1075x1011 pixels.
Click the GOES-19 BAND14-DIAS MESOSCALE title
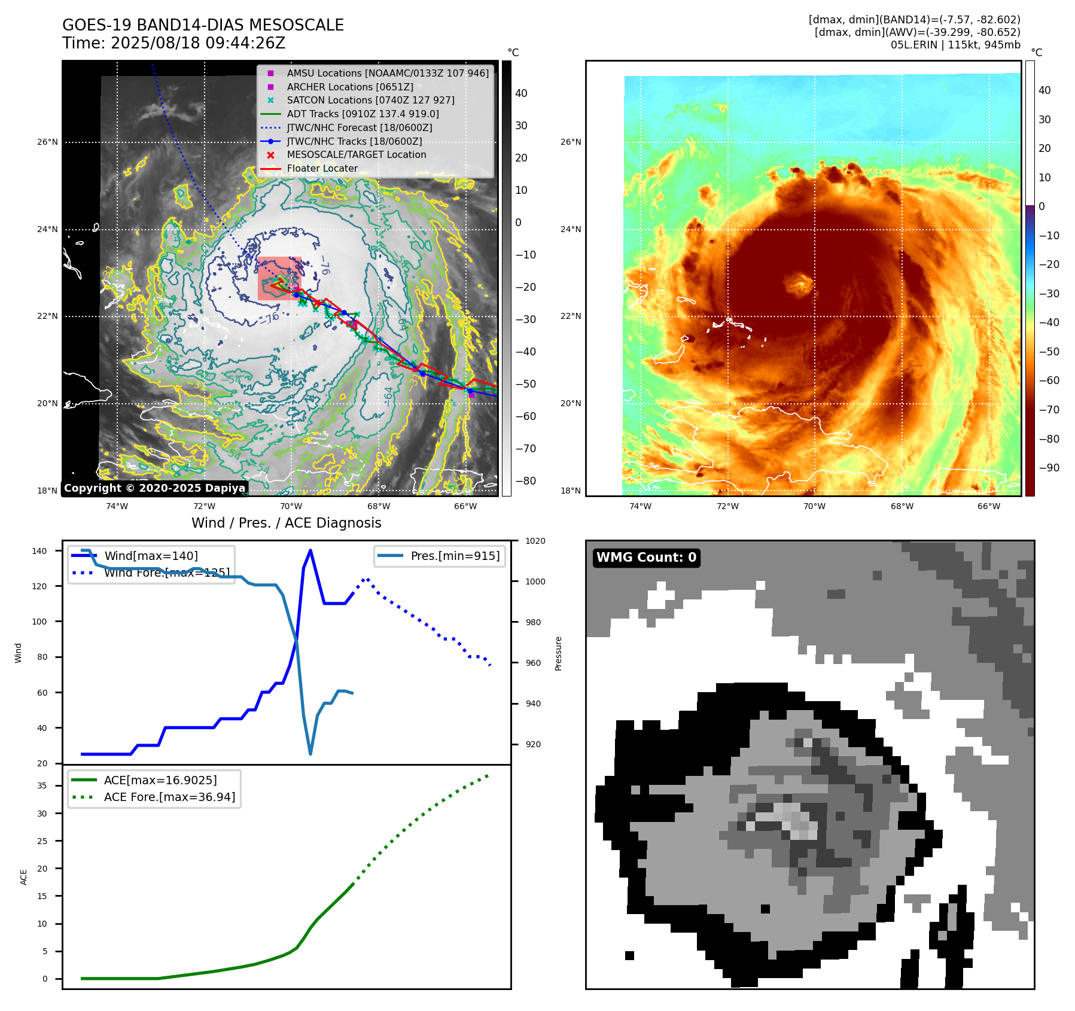tap(203, 25)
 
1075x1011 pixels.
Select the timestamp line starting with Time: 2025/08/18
tap(173, 43)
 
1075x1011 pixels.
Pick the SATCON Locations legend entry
tap(370, 100)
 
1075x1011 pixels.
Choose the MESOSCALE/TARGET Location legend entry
tap(356, 154)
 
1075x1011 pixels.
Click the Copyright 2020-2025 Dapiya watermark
tap(154, 488)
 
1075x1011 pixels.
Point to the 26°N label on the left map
tap(48, 142)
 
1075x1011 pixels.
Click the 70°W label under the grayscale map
tap(291, 506)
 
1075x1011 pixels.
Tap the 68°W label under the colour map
tap(902, 506)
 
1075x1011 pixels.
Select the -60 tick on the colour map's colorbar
tap(1048, 380)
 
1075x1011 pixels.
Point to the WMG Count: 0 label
tap(646, 558)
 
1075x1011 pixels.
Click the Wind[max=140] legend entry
tap(151, 556)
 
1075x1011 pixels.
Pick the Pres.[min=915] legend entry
tap(455, 556)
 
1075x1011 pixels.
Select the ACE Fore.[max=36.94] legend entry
tap(169, 797)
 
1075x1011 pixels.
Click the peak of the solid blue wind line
tap(310, 550)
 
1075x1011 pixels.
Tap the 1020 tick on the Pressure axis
tap(535, 541)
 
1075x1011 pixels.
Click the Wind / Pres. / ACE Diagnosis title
tap(286, 523)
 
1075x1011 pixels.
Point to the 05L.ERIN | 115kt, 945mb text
tap(955, 45)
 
